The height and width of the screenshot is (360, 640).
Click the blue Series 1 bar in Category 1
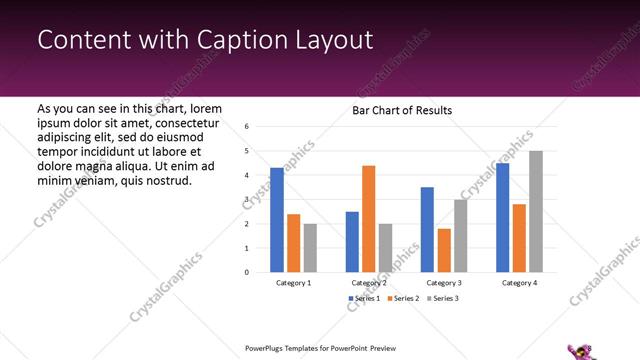click(277, 220)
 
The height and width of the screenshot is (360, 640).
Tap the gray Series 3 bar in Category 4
click(536, 211)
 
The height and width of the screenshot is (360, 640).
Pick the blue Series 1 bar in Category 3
click(427, 229)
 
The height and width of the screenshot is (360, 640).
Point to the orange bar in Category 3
click(444, 250)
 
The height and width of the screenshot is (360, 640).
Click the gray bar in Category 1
click(310, 247)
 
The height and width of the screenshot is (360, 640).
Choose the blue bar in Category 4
click(502, 217)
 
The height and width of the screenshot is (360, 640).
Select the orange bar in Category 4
click(519, 238)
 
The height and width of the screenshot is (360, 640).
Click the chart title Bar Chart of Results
click(402, 110)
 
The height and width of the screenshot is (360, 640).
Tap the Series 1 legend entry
click(364, 299)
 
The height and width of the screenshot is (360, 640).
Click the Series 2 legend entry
click(403, 299)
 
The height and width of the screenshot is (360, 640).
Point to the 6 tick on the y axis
click(247, 127)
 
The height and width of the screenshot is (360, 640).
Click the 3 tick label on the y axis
click(247, 200)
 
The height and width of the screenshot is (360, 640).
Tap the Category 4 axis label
click(519, 283)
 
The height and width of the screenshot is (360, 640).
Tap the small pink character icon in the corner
click(579, 349)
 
